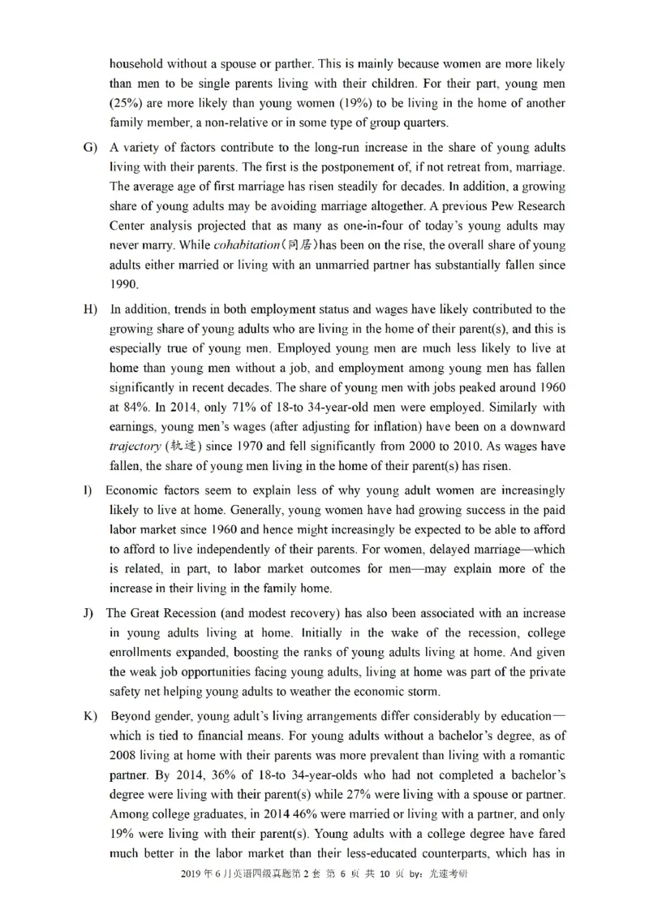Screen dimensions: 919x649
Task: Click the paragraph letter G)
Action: [88, 148]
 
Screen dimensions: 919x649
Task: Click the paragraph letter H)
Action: [88, 310]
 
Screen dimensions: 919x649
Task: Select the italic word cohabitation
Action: [246, 245]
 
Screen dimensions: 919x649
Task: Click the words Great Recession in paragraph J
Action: [171, 613]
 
